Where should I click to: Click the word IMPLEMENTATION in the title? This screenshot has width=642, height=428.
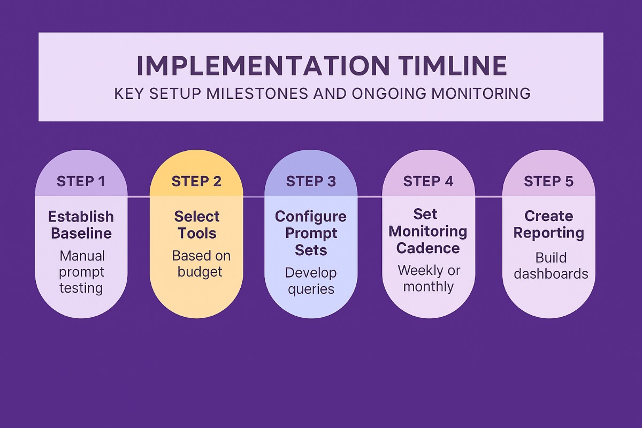click(263, 66)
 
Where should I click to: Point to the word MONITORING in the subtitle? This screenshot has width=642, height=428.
click(481, 94)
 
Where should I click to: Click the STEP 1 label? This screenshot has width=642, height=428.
click(81, 181)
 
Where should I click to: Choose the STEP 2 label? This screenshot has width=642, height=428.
click(196, 181)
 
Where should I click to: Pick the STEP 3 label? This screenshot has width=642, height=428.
click(311, 181)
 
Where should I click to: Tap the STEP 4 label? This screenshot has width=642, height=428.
click(428, 181)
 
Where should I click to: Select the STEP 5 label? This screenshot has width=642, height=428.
click(548, 181)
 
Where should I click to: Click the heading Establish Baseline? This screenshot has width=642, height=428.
click(81, 225)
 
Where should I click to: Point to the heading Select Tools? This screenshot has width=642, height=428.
click(197, 225)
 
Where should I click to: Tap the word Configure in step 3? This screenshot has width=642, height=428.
click(311, 217)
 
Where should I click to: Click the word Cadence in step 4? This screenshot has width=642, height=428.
click(428, 248)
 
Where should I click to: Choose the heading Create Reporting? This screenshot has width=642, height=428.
click(548, 224)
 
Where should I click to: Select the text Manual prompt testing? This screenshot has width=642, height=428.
click(82, 272)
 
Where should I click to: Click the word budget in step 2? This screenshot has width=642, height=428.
click(200, 271)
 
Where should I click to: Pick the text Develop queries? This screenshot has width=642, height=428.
click(311, 281)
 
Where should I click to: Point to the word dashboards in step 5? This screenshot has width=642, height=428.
click(551, 274)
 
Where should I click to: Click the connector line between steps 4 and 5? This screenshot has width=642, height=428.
click(488, 197)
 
